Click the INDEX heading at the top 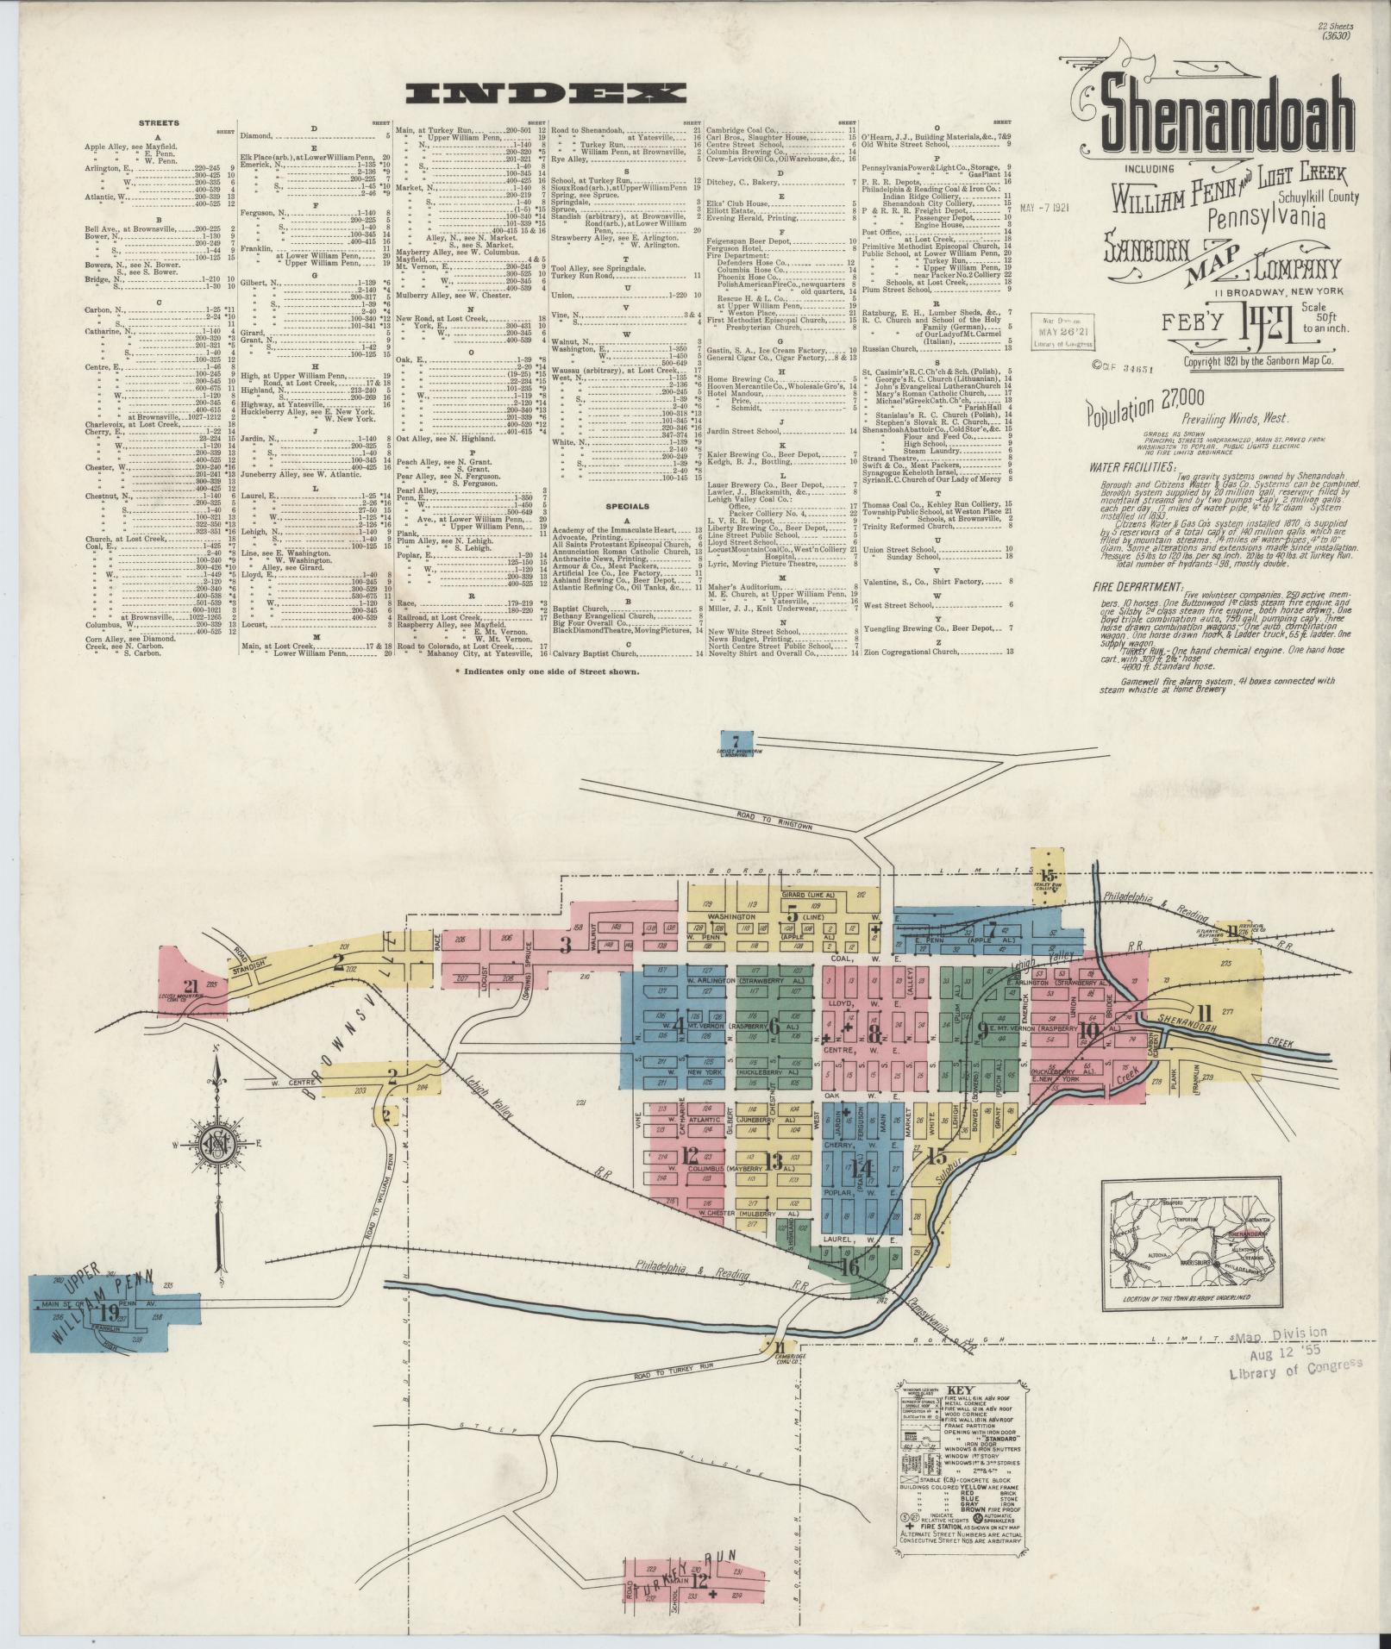point(549,92)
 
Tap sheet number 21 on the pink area point(191,987)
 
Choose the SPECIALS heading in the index point(626,505)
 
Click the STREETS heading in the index point(159,123)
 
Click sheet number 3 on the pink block point(566,946)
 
